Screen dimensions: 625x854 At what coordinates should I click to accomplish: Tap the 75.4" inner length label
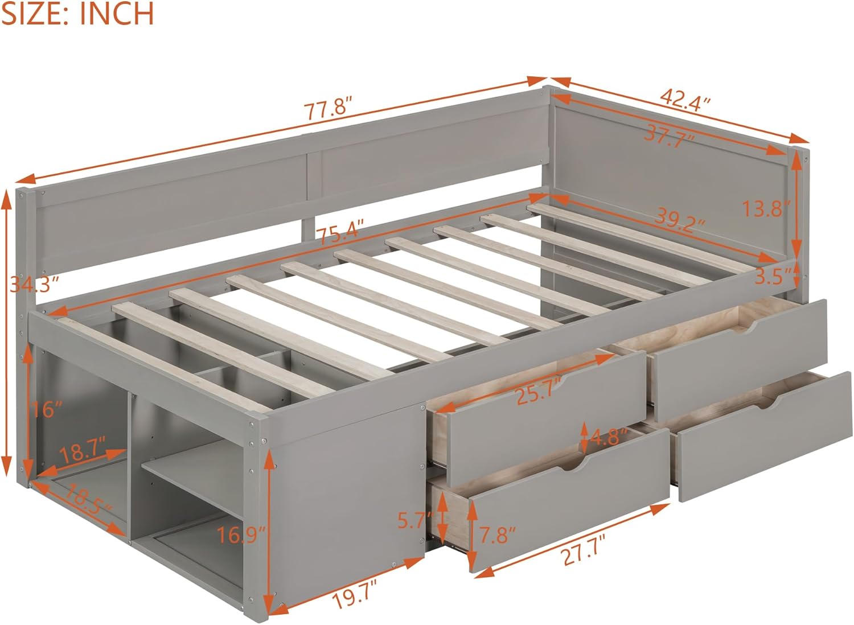pyautogui.click(x=340, y=233)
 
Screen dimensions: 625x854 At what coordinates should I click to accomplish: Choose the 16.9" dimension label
pyautogui.click(x=242, y=536)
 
